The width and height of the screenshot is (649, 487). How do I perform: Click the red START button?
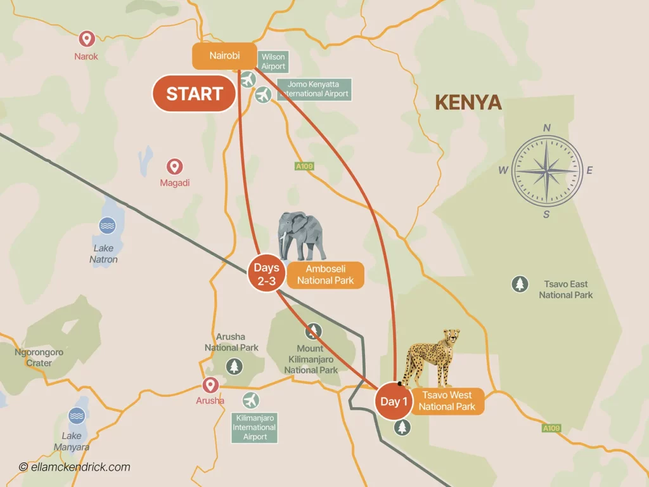coord(194,94)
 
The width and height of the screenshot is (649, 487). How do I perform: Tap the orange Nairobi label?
coord(224,56)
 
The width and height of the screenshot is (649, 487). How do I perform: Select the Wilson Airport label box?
coord(273,62)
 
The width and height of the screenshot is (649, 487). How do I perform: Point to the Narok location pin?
coord(86,39)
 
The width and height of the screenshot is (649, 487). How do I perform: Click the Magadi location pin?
coord(175,167)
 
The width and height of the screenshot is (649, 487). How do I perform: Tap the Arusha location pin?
coord(210,385)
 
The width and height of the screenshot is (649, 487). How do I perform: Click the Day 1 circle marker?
coord(390,401)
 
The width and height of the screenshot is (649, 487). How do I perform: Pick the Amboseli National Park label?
coord(325,275)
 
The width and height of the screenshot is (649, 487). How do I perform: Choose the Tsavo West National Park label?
coord(447,401)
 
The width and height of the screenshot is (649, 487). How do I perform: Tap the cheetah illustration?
coord(434,356)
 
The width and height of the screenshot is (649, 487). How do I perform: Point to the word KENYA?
coord(468,102)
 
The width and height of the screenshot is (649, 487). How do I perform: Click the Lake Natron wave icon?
coord(106,225)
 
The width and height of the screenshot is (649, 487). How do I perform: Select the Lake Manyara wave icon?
coord(77,415)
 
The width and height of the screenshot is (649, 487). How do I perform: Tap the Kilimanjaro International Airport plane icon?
coord(251,401)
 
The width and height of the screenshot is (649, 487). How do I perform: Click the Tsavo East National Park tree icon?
coord(520,284)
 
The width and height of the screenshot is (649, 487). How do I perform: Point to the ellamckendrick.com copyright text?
coord(75,467)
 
